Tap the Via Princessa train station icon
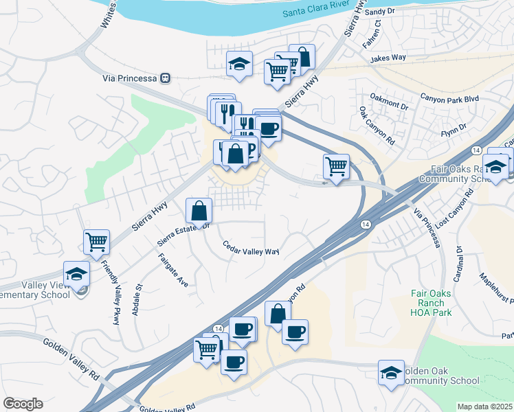point(165,78)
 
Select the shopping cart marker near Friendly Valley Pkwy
point(97,242)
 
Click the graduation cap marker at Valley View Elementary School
point(77,273)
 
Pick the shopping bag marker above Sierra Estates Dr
point(199,210)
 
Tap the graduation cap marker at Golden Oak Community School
point(391,373)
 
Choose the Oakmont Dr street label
point(389,103)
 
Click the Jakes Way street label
point(388,59)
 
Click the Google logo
point(23,403)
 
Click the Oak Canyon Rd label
point(377,124)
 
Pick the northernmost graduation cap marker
point(239,64)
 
